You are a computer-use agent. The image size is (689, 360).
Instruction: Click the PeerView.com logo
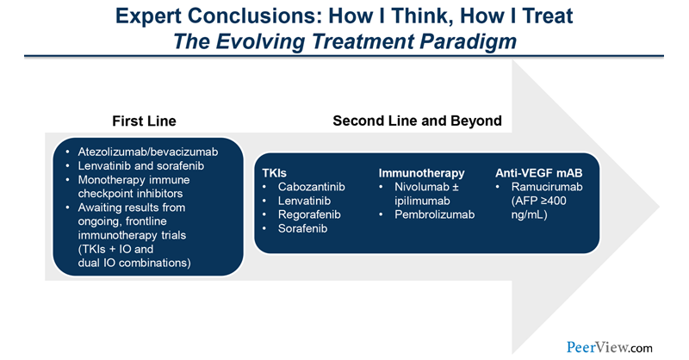(610, 347)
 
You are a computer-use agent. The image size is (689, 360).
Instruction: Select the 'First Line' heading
(145, 121)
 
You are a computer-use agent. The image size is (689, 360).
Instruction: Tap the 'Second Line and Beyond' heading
(417, 121)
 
